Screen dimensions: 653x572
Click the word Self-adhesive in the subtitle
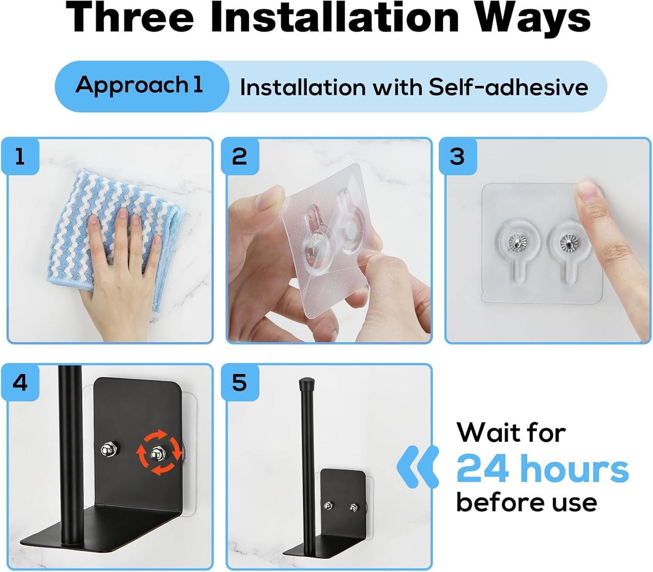coord(508,87)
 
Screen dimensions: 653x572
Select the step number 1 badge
coord(20,157)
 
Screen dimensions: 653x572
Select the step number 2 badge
coord(239,157)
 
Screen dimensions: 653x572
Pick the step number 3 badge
coord(458,157)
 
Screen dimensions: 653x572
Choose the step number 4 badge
coord(20,383)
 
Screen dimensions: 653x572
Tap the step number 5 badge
coord(239,383)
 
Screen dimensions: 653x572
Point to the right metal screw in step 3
coord(568,241)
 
